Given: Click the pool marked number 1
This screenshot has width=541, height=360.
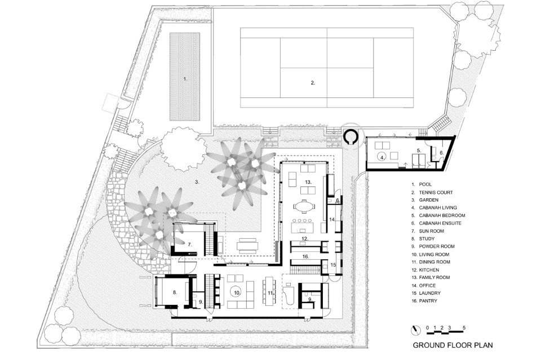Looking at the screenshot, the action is (185, 77).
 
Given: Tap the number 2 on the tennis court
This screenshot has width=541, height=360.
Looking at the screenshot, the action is (313, 83).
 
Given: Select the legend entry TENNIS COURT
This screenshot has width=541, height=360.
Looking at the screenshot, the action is (436, 193).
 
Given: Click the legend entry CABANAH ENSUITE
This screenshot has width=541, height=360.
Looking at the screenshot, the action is (440, 223).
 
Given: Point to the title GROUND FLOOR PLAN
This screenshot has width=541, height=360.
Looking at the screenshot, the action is (453, 345).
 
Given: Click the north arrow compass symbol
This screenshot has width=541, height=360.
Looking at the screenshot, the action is (416, 330).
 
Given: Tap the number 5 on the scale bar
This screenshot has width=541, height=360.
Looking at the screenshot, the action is (464, 327).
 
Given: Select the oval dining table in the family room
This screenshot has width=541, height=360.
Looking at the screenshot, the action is (304, 207).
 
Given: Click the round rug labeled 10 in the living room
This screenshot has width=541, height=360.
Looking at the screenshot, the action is (236, 292).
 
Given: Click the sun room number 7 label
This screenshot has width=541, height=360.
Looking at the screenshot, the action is (190, 245).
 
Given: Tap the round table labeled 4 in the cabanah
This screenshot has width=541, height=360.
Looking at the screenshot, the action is (382, 157).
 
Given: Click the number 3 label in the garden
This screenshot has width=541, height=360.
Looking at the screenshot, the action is (197, 182).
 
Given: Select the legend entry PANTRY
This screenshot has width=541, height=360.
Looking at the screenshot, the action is (428, 301).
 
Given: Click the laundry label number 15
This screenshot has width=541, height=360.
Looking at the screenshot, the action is (333, 265).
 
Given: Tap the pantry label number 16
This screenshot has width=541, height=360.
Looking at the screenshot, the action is (305, 256).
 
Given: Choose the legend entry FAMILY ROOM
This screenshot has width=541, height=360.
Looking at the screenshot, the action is (434, 277).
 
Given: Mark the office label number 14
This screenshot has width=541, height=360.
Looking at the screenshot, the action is (332, 219).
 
